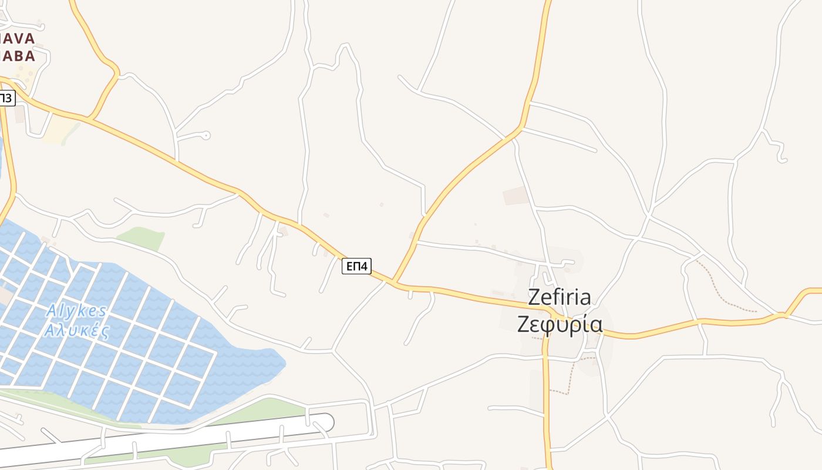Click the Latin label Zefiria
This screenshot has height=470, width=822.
pyautogui.click(x=560, y=297)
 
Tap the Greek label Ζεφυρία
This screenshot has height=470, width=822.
pyautogui.click(x=560, y=324)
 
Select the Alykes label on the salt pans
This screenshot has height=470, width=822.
pyautogui.click(x=76, y=310)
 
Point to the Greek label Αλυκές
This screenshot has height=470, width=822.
pyautogui.click(x=77, y=330)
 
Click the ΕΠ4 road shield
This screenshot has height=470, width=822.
pyautogui.click(x=357, y=266)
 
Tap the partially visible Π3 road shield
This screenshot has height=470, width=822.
pyautogui.click(x=6, y=98)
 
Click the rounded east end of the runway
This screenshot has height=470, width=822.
pyautogui.click(x=326, y=422)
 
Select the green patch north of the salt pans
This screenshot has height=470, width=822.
pyautogui.click(x=141, y=238)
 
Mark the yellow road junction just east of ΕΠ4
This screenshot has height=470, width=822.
pyautogui.click(x=394, y=283)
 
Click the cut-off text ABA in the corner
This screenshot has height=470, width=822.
pyautogui.click(x=18, y=56)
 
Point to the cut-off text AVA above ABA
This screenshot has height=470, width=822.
pyautogui.click(x=18, y=39)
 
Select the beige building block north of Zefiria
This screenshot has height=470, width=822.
pyautogui.click(x=516, y=196)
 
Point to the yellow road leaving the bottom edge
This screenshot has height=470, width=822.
pyautogui.click(x=550, y=464)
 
